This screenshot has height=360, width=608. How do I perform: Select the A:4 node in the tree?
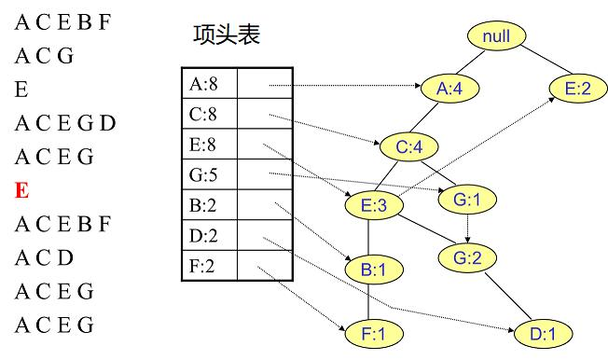coord(449,90)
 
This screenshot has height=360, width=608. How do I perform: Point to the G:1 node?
coord(466,199)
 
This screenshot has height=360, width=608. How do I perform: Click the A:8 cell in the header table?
coord(209,85)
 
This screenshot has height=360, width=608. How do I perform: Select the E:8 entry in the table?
coord(209,145)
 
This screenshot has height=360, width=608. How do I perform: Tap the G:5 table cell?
coord(209,175)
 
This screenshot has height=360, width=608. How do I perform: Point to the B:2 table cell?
coord(209,206)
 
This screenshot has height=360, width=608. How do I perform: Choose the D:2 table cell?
coord(209,237)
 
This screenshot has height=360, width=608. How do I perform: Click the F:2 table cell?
coord(209,267)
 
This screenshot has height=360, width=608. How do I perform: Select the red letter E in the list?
coord(21,191)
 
